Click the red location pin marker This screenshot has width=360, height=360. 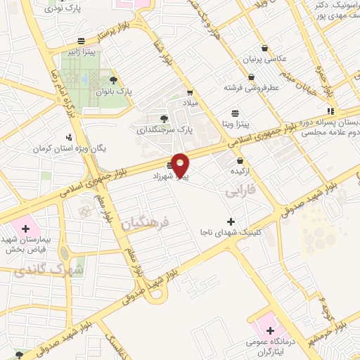point(181,165)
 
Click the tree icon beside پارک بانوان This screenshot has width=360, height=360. point(113,80)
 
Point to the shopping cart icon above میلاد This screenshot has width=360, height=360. point(190,92)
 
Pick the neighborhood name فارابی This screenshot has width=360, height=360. point(240,191)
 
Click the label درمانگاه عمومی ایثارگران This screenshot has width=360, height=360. point(271,346)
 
